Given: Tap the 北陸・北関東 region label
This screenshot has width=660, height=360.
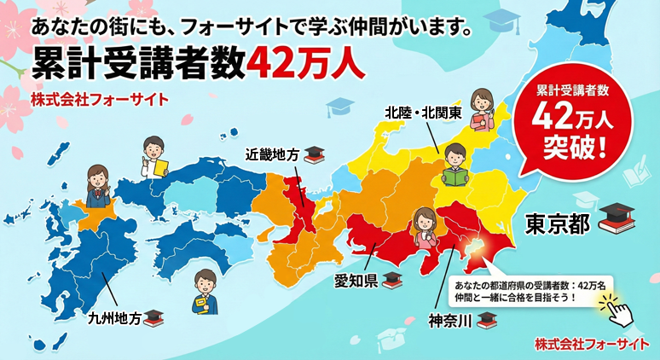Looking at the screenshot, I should [x=422, y=112].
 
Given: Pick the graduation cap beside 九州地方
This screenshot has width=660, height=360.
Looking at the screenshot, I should [x=153, y=317].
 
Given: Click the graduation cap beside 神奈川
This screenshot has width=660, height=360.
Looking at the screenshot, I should [x=486, y=320].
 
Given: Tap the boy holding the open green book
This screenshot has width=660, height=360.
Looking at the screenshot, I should [x=454, y=165].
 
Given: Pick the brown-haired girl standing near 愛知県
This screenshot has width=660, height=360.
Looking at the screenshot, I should [x=425, y=230].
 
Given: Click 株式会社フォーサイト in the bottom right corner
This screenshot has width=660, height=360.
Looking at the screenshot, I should [x=592, y=343].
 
